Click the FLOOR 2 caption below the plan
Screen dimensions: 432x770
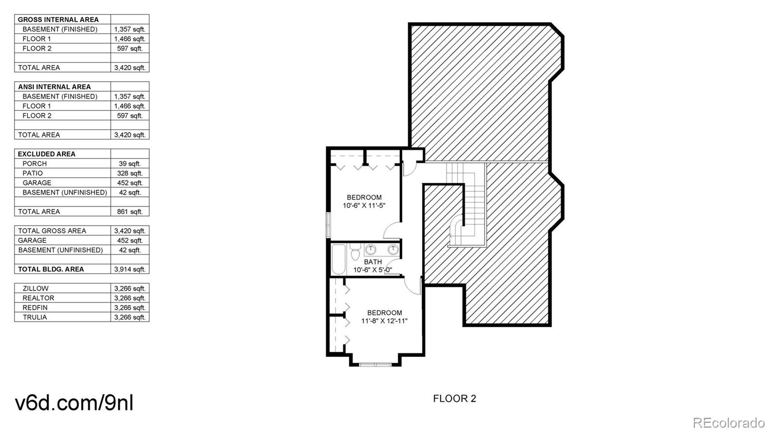click(x=454, y=398)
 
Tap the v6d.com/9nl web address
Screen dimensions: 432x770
click(x=74, y=403)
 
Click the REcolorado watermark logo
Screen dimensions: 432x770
click(x=728, y=423)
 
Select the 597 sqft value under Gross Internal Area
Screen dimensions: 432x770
click(x=129, y=49)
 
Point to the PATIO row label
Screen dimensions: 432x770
click(x=33, y=173)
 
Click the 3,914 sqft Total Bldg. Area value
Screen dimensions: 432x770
click(x=129, y=269)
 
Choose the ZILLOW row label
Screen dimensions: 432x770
click(x=36, y=288)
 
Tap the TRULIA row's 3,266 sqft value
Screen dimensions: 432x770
click(x=129, y=317)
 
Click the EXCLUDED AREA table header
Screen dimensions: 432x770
click(x=47, y=154)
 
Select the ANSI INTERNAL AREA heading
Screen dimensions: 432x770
click(x=54, y=86)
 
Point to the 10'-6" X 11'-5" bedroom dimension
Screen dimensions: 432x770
click(x=364, y=206)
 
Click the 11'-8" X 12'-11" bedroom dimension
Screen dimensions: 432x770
click(x=384, y=321)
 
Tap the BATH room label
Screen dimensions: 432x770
click(x=372, y=262)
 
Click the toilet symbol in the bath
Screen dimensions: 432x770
click(x=355, y=252)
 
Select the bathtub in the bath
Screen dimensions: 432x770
click(x=338, y=259)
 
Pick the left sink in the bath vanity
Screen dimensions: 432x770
click(x=371, y=249)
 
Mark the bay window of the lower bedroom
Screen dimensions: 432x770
click(x=375, y=364)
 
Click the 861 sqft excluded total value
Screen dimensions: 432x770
click(x=129, y=211)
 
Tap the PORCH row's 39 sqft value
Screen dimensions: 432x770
click(x=129, y=163)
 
